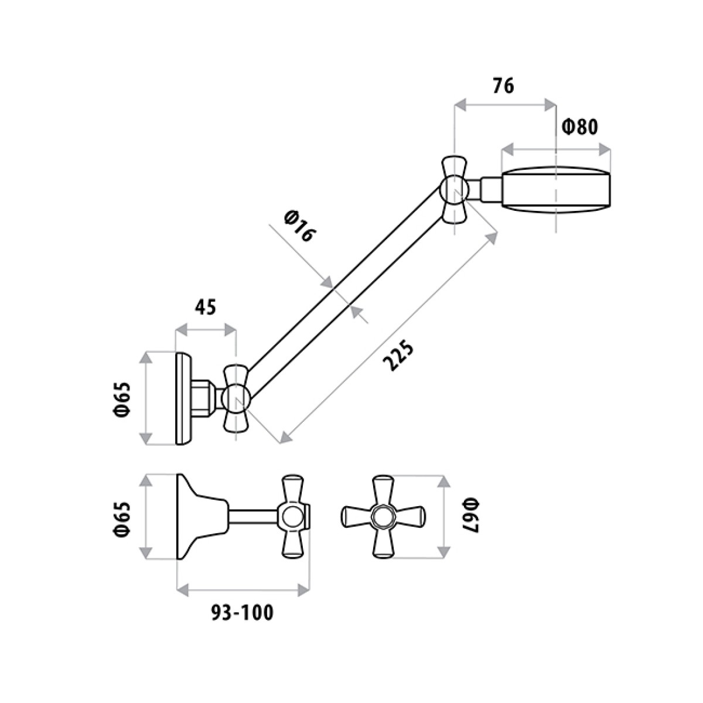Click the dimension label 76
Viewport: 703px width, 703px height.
(x=503, y=86)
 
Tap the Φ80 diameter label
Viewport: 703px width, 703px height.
(x=580, y=127)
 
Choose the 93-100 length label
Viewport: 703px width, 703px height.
(x=242, y=613)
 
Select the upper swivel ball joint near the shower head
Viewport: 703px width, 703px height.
(x=455, y=189)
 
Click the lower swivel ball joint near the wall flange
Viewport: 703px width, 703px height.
(x=236, y=398)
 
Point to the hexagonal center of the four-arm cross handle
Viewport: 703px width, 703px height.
(x=383, y=517)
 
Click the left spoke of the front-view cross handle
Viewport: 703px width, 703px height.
(x=356, y=517)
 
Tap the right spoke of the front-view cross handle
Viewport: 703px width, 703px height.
(x=409, y=517)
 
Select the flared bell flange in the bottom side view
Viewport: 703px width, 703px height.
(x=202, y=517)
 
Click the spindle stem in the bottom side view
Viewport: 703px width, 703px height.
(x=253, y=517)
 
